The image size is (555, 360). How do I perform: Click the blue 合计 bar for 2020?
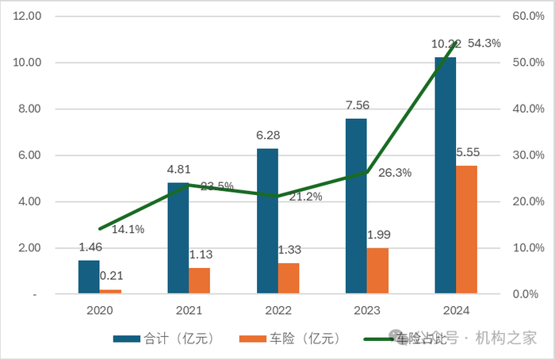point(89,277)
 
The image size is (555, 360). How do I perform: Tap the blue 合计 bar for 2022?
point(267,221)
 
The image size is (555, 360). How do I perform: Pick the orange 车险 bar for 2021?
point(199,281)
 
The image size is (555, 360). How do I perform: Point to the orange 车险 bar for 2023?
point(377,271)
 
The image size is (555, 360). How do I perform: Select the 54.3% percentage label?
point(484,44)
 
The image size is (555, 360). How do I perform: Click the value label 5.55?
point(466,151)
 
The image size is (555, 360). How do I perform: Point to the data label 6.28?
point(268,136)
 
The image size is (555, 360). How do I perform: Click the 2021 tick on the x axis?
point(189,311)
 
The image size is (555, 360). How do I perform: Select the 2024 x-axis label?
point(455,311)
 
